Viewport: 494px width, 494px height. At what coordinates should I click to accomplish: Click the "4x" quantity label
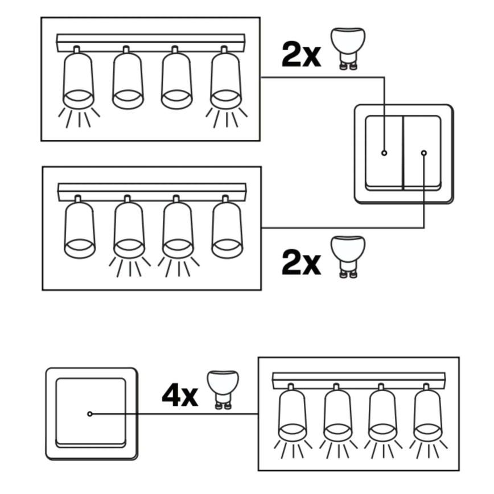[180, 395]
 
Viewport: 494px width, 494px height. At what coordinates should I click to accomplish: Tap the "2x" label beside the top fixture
[301, 55]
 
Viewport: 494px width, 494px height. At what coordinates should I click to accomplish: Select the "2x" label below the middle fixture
[301, 263]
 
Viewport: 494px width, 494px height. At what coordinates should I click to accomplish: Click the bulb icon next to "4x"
[223, 388]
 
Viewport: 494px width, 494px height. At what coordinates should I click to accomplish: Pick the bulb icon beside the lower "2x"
[348, 256]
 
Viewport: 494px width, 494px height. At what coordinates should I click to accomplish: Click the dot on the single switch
[90, 414]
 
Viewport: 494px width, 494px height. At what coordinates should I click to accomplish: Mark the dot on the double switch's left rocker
[384, 153]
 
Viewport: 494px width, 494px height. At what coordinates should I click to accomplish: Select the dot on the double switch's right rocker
[423, 153]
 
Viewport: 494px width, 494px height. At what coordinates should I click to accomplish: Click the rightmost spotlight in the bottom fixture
[428, 414]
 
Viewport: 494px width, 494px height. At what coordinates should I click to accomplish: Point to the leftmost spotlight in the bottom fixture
[293, 414]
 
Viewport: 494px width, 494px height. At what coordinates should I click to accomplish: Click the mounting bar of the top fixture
[151, 43]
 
